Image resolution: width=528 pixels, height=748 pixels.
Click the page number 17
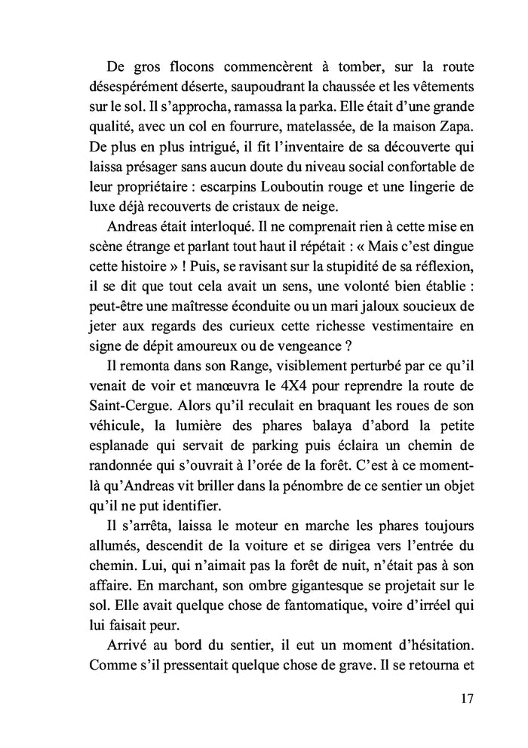coord(466,698)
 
